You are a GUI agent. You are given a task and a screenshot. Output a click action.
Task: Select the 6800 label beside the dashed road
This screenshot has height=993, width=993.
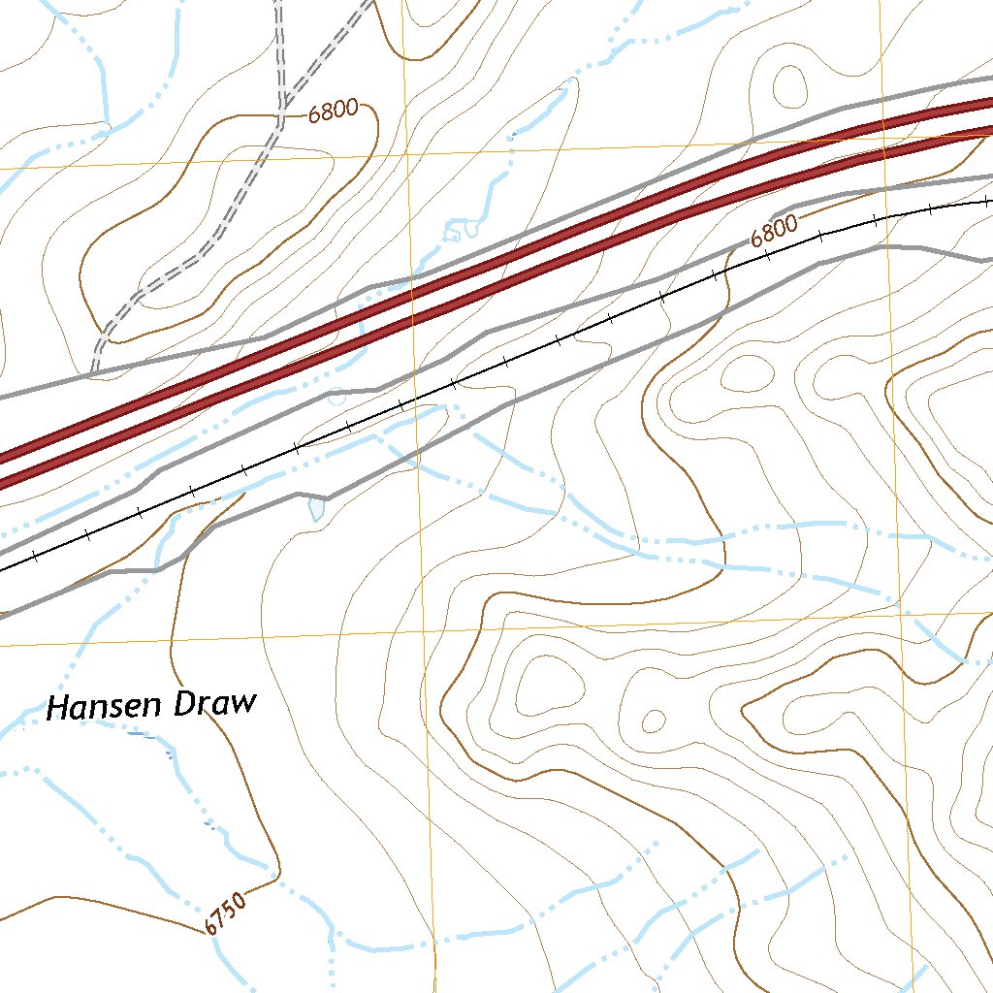[x=334, y=111]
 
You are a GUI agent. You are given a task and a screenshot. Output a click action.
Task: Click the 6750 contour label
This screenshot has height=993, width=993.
[x=226, y=913]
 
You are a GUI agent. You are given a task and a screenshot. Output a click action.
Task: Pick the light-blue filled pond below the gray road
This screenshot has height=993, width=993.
[x=316, y=507]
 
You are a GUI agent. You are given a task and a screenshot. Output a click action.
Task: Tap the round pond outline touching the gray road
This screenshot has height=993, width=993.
[x=337, y=396]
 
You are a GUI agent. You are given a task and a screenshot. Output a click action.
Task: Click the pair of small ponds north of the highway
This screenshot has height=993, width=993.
[x=462, y=230]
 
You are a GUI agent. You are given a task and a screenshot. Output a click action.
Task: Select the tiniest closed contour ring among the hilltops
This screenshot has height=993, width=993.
[x=655, y=721]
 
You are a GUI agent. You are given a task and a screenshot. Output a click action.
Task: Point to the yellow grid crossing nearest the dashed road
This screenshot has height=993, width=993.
[x=403, y=154]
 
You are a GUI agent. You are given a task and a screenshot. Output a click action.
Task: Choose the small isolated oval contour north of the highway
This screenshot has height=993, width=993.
[x=788, y=84]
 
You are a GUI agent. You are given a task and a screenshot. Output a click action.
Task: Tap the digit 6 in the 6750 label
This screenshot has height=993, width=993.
[x=211, y=927]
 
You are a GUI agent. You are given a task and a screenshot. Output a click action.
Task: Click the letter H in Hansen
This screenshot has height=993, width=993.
[x=60, y=709]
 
